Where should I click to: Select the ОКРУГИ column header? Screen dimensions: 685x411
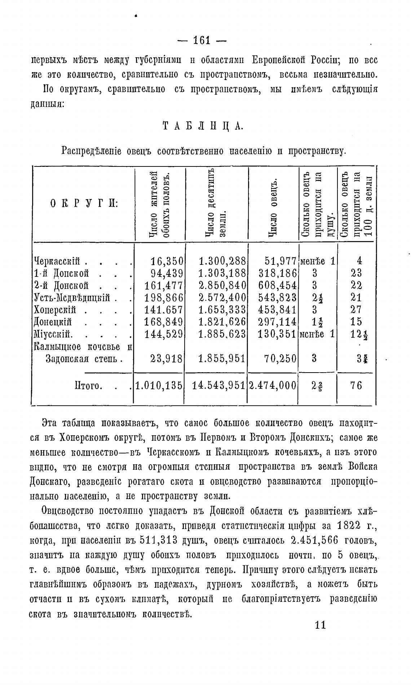click(84, 204)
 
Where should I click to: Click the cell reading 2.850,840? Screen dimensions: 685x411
click(222, 285)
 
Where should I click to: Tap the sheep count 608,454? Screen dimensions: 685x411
click(278, 285)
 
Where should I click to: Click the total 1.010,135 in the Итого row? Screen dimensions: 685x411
click(159, 386)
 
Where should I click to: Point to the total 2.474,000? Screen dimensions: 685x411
click(273, 386)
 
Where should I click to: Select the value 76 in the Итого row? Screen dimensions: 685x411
click(356, 386)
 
